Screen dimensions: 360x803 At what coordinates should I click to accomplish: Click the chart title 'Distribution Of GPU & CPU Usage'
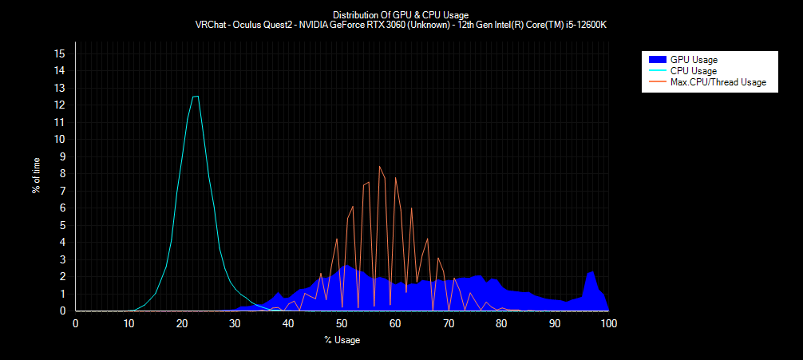click(x=401, y=14)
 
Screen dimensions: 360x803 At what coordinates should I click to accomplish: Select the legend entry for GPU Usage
click(x=694, y=60)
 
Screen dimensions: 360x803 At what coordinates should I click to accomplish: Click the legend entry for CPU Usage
click(x=693, y=71)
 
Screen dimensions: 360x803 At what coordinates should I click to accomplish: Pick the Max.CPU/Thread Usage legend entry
click(x=718, y=82)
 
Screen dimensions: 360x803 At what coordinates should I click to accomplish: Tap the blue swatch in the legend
click(x=657, y=60)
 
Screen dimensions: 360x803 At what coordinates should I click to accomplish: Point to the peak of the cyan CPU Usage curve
click(x=196, y=97)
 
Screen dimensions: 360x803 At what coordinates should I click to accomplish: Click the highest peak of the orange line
click(x=379, y=166)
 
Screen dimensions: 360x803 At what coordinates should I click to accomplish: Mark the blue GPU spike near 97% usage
click(x=591, y=272)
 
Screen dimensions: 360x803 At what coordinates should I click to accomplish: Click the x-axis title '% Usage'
click(x=342, y=341)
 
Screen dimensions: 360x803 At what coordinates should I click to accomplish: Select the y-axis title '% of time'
click(x=37, y=176)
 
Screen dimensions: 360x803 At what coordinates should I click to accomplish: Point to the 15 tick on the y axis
click(x=59, y=53)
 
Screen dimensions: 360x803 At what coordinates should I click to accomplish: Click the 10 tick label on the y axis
click(x=59, y=139)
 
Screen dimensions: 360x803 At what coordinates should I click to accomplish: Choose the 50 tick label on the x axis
click(x=342, y=323)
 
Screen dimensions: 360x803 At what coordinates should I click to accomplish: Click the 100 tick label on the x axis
click(x=608, y=323)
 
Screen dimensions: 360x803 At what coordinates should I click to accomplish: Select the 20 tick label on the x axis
click(x=182, y=323)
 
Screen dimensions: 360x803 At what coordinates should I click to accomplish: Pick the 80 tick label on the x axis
click(x=502, y=323)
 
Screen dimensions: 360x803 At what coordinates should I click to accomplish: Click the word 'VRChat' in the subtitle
click(x=211, y=25)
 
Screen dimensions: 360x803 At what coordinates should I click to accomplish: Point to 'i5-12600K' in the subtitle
click(x=586, y=25)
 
